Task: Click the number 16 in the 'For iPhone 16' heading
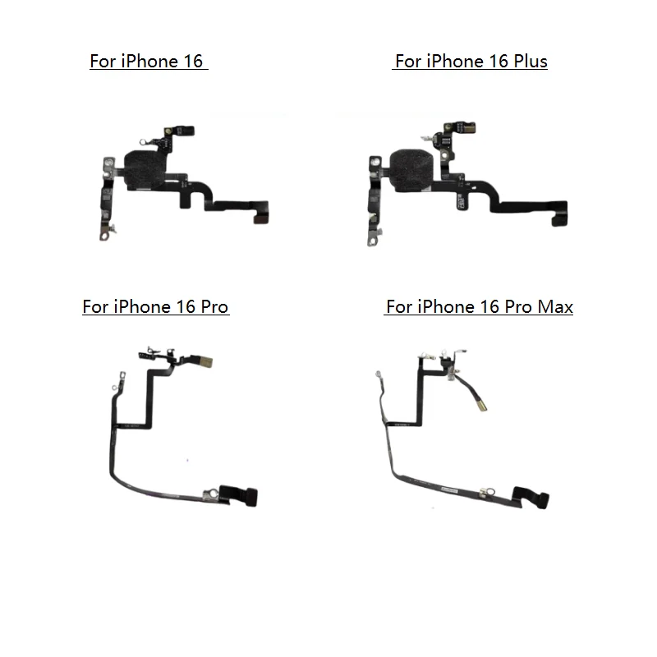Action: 188,62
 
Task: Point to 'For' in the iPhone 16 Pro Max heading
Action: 399,307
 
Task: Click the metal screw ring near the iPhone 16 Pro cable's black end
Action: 209,493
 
